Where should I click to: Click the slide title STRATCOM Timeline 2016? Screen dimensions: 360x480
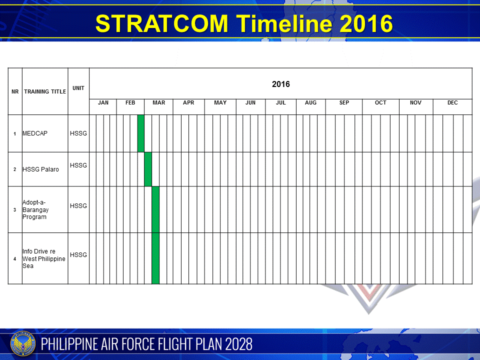click(x=243, y=23)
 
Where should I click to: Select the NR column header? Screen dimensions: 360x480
click(x=15, y=91)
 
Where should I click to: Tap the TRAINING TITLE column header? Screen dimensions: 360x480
click(x=45, y=91)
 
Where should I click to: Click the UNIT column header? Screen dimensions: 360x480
click(x=78, y=88)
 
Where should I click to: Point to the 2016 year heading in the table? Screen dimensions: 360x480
click(x=280, y=84)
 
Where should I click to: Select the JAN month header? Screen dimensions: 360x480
click(x=103, y=102)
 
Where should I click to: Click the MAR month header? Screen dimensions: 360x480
click(x=158, y=102)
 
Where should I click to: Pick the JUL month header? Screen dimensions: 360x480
click(x=280, y=102)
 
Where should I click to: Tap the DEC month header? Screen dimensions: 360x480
click(x=452, y=102)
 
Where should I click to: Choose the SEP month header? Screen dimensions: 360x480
click(x=344, y=102)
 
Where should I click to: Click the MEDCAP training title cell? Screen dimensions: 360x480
click(x=35, y=133)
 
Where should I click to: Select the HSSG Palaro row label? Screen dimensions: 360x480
click(x=40, y=169)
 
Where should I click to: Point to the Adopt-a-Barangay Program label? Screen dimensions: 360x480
click(x=35, y=209)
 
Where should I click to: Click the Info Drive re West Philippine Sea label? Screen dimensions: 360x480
click(x=43, y=258)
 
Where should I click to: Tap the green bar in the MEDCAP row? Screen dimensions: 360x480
click(x=140, y=133)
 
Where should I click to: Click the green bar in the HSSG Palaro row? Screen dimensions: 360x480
click(x=148, y=169)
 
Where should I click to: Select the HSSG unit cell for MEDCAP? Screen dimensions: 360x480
click(x=78, y=133)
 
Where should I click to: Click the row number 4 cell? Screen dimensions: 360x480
click(x=15, y=258)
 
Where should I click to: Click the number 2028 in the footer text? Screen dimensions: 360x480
click(x=238, y=344)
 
